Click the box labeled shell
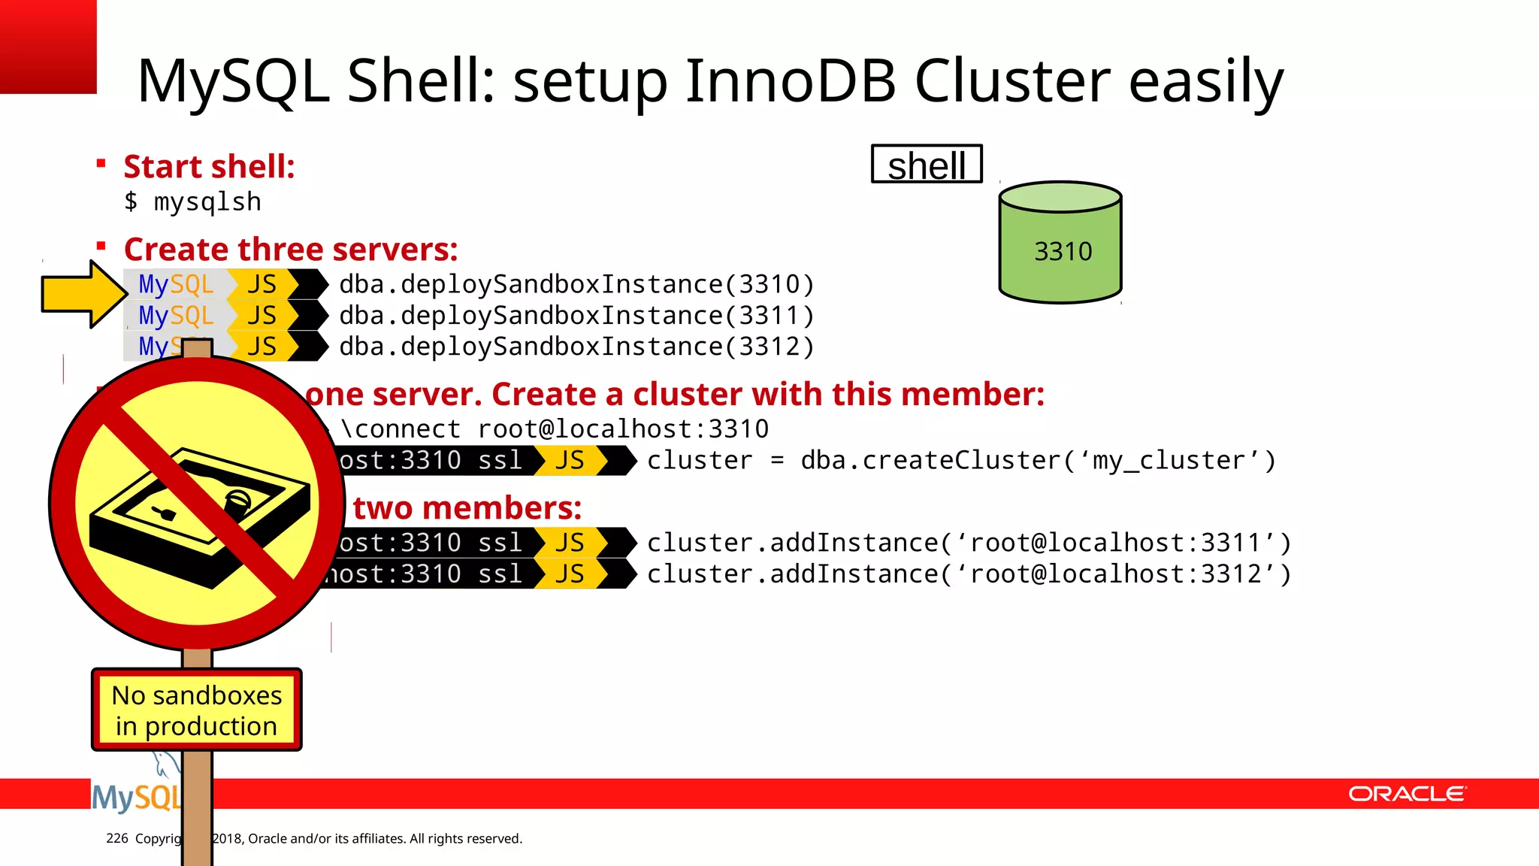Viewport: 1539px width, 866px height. (x=927, y=165)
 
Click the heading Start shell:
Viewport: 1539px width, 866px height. (x=209, y=167)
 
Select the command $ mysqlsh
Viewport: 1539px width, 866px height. (x=193, y=202)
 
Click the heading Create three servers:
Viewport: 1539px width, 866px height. (x=291, y=250)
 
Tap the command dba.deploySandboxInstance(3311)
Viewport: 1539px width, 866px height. (x=576, y=316)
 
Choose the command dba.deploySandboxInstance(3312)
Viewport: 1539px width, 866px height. (x=576, y=347)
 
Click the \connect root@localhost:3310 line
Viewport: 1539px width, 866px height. (x=555, y=429)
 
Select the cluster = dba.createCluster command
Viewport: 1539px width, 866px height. (x=961, y=461)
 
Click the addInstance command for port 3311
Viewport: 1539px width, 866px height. (x=969, y=543)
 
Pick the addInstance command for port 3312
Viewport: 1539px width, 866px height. (x=969, y=574)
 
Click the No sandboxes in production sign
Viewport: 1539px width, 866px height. (x=197, y=710)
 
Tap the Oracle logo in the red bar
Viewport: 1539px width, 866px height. (x=1407, y=794)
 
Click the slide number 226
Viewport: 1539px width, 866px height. (x=117, y=838)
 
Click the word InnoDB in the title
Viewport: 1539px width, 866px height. (x=791, y=80)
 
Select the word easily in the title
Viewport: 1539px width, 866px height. (x=1205, y=80)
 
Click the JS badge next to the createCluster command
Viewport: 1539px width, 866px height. (x=570, y=461)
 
